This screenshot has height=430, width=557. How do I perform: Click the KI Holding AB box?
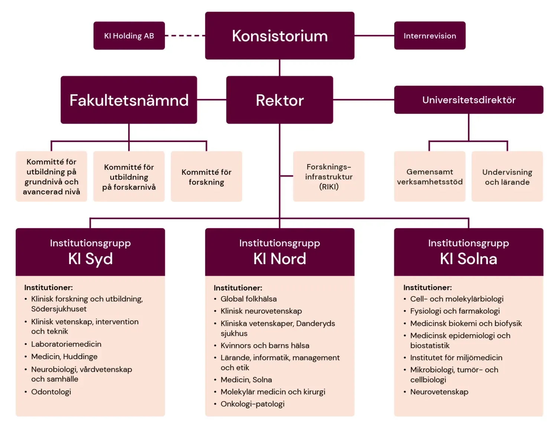coord(129,36)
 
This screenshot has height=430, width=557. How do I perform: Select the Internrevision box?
coord(430,36)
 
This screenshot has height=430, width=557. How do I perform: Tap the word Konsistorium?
coord(280,36)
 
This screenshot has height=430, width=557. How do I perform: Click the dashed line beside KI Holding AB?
coord(185,36)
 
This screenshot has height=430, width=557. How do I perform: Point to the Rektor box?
coord(280,100)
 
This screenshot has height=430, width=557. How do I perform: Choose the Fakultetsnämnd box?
coord(129,100)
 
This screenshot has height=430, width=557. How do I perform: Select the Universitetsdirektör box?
coord(469,100)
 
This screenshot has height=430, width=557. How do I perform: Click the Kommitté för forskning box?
coord(206,177)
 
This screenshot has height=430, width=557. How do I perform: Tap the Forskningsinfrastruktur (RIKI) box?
coord(329,177)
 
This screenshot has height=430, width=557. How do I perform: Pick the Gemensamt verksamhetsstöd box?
coord(430,177)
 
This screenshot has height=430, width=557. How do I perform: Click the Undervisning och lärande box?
coord(507,177)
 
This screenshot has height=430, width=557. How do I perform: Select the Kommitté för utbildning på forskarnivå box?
coord(129,177)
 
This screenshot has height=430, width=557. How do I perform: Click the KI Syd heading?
coord(90,259)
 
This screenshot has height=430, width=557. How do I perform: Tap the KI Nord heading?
coord(280,259)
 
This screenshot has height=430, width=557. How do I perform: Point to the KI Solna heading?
coord(468,259)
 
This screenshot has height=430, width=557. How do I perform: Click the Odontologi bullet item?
coord(51,392)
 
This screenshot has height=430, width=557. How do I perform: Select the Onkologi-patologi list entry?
coord(253,404)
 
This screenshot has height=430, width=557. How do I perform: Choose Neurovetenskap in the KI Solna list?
coord(439,392)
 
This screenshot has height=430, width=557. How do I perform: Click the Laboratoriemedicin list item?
coord(66,344)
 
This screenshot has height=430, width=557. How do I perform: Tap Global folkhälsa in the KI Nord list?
coord(248,299)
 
